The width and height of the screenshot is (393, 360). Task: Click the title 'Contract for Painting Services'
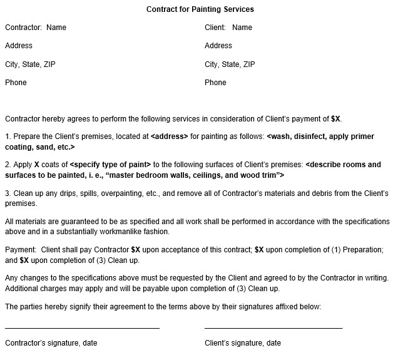pyautogui.click(x=200, y=9)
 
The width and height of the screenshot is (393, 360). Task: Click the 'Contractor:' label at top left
pyautogui.click(x=24, y=28)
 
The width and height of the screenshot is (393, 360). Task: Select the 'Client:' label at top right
pyautogui.click(x=216, y=28)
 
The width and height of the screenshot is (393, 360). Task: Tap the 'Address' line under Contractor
pyautogui.click(x=19, y=46)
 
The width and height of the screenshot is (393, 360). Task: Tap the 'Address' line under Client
pyautogui.click(x=218, y=46)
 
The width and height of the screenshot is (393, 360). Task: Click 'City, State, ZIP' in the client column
pyautogui.click(x=230, y=64)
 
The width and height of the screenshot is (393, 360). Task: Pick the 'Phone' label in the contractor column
pyautogui.click(x=16, y=83)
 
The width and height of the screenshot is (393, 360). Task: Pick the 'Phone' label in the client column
pyautogui.click(x=215, y=83)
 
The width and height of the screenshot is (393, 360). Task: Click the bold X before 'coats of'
pyautogui.click(x=36, y=165)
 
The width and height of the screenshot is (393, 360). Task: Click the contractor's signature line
pyautogui.click(x=82, y=328)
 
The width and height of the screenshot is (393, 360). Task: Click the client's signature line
pyautogui.click(x=273, y=328)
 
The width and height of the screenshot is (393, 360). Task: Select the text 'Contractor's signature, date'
pyautogui.click(x=51, y=343)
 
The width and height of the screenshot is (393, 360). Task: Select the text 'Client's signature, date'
pyautogui.click(x=243, y=343)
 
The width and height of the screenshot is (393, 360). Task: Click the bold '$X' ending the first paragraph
pyautogui.click(x=336, y=118)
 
